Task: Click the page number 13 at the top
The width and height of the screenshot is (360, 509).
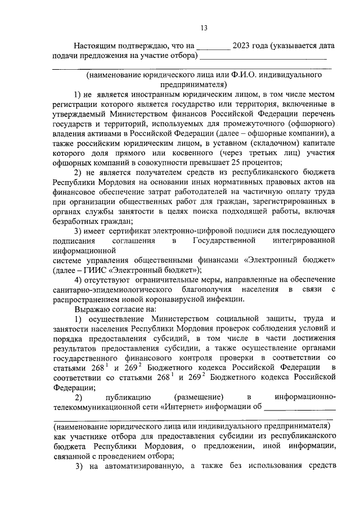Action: click(204, 28)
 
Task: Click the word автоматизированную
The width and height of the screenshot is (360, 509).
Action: click(146, 466)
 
